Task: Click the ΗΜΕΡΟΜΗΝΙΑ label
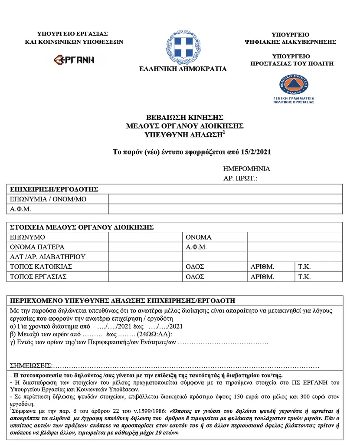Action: (246, 169)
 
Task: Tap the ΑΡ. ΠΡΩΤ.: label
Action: (240, 178)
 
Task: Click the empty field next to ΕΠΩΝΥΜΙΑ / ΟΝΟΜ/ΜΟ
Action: (225, 199)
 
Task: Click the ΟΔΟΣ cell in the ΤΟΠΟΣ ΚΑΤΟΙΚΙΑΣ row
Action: (214, 266)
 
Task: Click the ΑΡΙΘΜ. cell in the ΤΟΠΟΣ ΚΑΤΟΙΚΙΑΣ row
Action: (271, 266)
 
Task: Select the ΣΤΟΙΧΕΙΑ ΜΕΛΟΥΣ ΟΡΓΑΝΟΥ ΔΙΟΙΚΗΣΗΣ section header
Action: (82, 227)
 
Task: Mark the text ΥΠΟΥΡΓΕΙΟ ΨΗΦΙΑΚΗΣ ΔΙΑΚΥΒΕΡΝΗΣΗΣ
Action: (291, 38)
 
